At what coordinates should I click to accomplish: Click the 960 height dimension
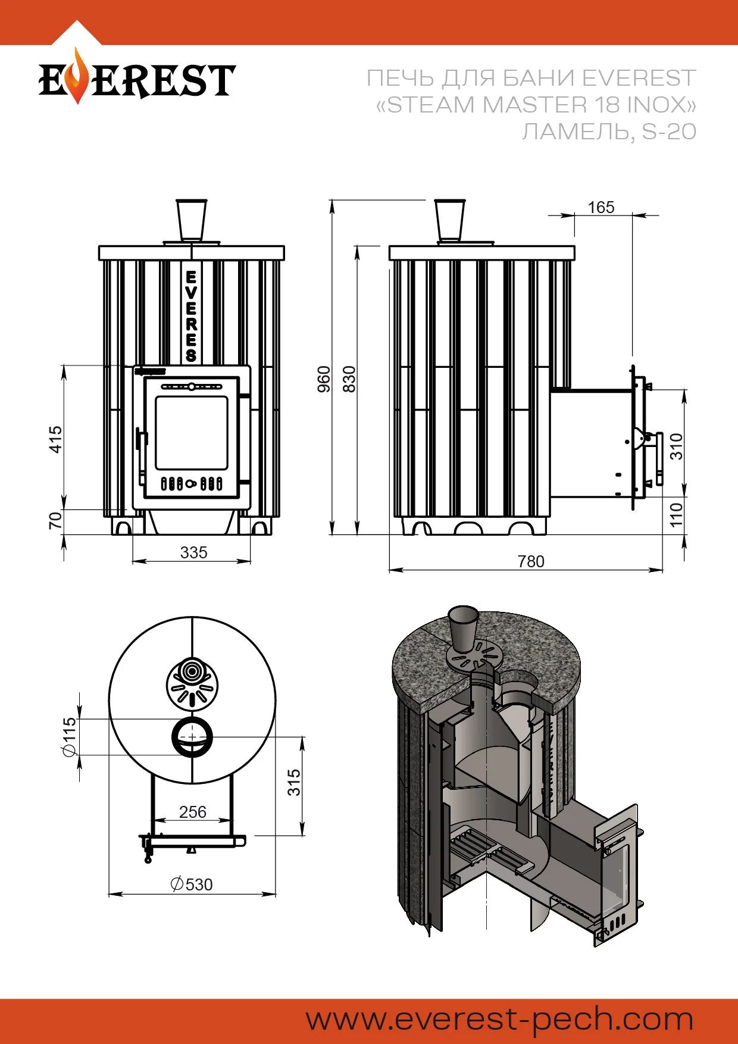(x=324, y=379)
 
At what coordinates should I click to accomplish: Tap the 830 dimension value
(x=349, y=379)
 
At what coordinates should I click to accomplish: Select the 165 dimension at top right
(x=601, y=207)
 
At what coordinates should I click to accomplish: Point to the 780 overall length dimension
(x=531, y=561)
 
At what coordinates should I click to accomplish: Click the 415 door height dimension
(x=55, y=439)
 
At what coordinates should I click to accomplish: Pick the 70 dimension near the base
(x=55, y=520)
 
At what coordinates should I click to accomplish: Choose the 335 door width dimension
(x=193, y=552)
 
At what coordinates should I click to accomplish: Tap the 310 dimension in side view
(x=677, y=446)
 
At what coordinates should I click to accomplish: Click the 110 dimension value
(x=677, y=514)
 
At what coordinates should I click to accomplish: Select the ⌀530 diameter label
(x=192, y=884)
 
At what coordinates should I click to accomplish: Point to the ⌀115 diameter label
(x=70, y=736)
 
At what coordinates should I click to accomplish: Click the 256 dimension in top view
(x=193, y=812)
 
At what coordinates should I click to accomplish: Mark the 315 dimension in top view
(x=294, y=782)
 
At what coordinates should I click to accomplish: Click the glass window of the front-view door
(x=192, y=433)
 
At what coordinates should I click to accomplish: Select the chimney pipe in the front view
(x=192, y=220)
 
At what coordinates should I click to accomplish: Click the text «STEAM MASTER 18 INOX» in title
(x=536, y=105)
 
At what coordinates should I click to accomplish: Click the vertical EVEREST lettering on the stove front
(x=191, y=315)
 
